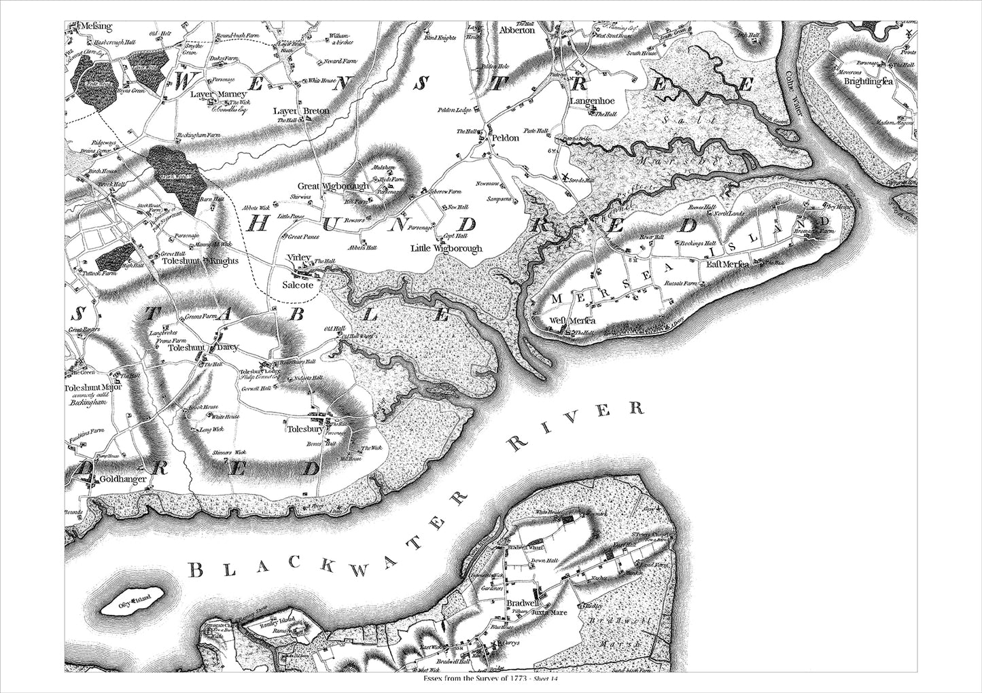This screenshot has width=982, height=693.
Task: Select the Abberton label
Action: (x=517, y=30)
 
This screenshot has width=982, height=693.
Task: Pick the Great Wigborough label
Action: (x=333, y=185)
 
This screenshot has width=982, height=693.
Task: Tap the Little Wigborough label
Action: (x=446, y=249)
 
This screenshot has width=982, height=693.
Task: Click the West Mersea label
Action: (x=572, y=321)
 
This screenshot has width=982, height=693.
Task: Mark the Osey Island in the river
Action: (x=135, y=602)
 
